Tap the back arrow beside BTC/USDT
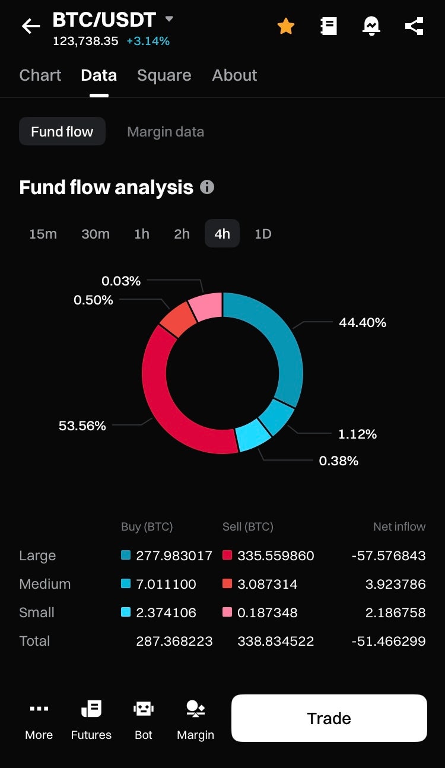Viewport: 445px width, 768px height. [31, 26]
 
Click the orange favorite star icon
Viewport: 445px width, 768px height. [286, 26]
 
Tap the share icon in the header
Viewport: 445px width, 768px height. [414, 26]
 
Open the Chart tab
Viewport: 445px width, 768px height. [40, 75]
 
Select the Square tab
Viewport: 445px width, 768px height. [164, 75]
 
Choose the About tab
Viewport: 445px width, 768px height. [234, 75]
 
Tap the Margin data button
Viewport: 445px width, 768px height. [166, 132]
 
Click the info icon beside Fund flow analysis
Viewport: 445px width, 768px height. [207, 187]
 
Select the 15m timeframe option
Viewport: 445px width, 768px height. [43, 234]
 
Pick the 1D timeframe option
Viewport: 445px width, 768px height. [263, 234]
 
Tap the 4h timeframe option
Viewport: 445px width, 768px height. [222, 234]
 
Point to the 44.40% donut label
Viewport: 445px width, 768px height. [363, 322]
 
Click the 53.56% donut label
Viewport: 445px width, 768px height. [82, 426]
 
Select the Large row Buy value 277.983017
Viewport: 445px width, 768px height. [174, 556]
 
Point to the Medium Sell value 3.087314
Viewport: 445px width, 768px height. [267, 584]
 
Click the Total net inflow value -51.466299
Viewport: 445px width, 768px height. [388, 641]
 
